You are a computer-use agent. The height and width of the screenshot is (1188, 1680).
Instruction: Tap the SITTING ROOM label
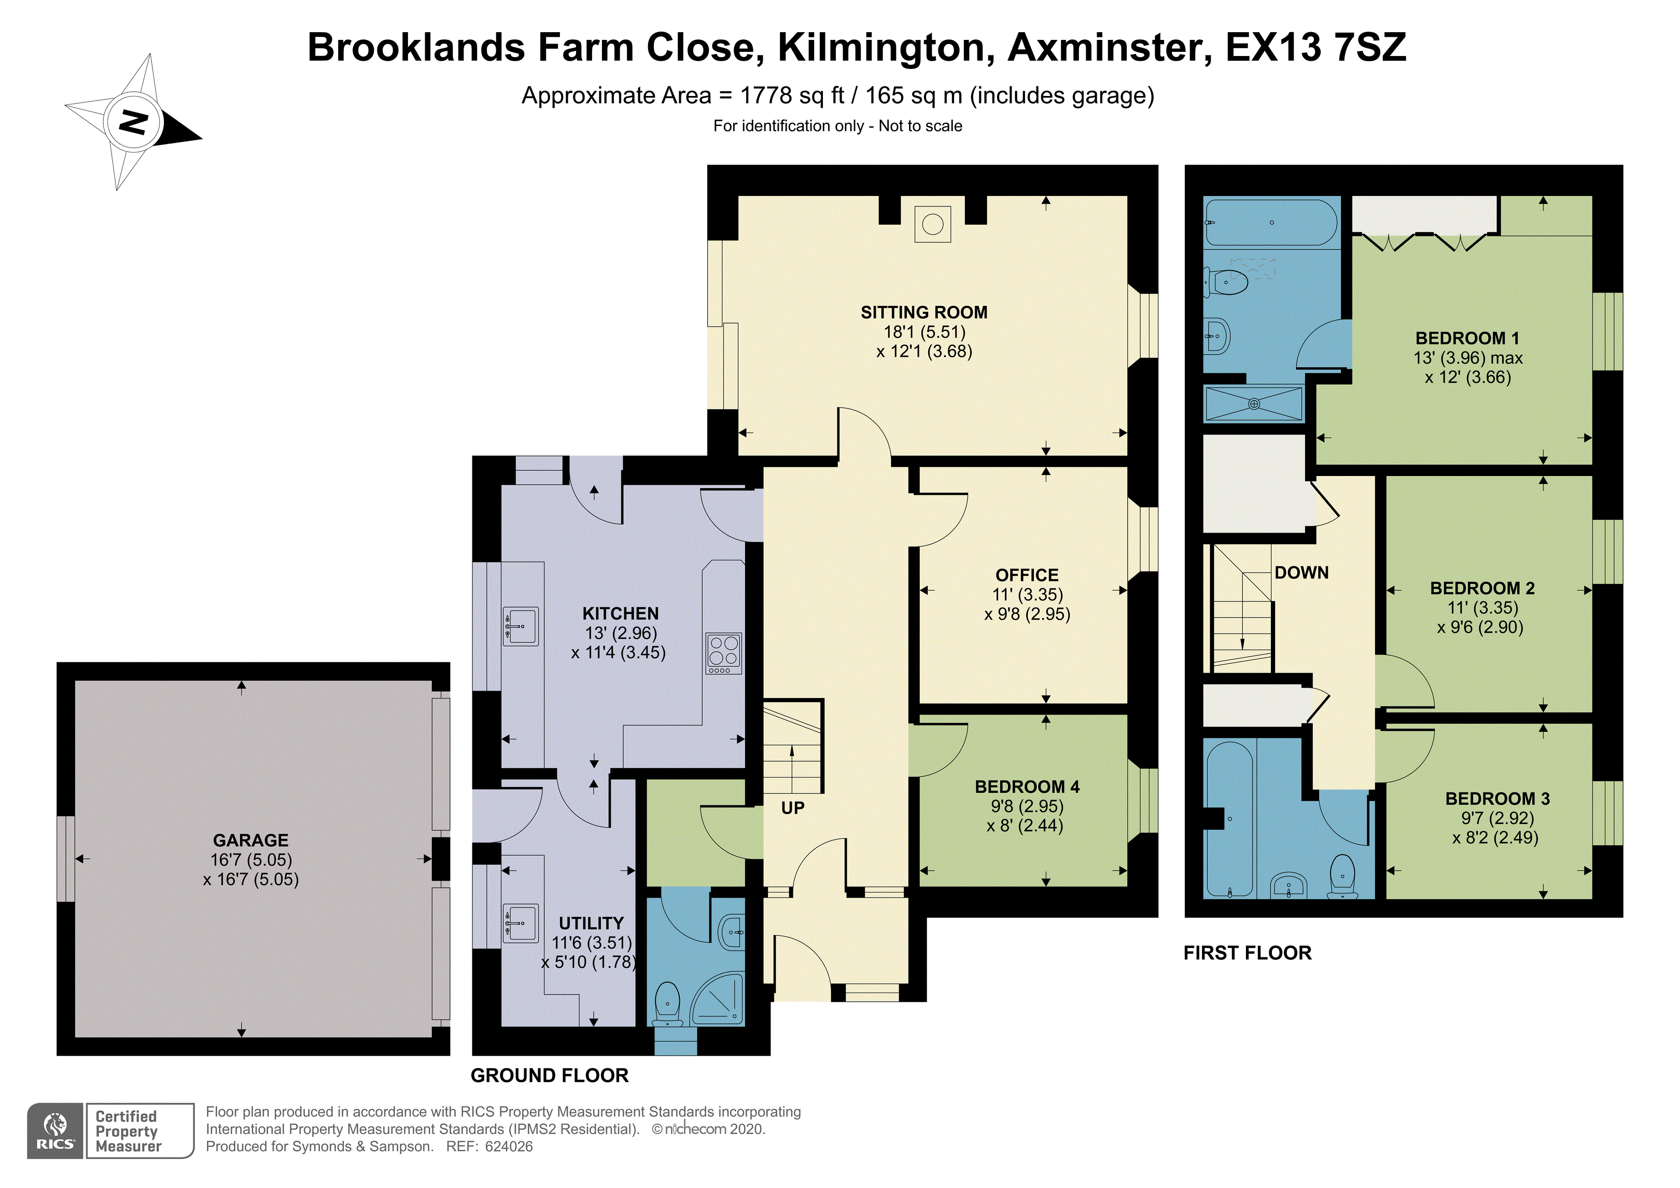tap(923, 313)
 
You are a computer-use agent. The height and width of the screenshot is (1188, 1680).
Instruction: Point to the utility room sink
tap(520, 923)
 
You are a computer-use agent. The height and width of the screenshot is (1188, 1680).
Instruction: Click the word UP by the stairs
tap(792, 808)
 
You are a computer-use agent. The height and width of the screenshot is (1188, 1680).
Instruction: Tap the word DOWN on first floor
tap(1301, 572)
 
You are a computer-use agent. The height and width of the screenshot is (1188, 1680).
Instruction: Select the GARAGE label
tap(250, 840)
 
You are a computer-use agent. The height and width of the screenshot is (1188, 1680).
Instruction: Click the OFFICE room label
tap(1027, 576)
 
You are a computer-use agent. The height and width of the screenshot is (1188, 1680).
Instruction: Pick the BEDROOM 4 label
tap(1027, 787)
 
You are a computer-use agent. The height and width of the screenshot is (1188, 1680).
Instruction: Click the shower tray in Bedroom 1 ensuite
tap(1253, 403)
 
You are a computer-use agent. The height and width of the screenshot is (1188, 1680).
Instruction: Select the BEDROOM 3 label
tap(1497, 799)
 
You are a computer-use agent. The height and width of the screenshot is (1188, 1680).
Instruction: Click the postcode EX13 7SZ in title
tap(1315, 48)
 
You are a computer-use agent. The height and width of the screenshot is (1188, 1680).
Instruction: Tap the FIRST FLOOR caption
tap(1247, 953)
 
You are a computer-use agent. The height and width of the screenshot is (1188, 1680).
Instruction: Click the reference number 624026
tap(509, 1147)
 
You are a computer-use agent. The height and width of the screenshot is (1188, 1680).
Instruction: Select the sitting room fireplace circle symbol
tap(932, 224)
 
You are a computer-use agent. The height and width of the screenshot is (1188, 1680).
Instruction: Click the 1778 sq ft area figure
tap(792, 96)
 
